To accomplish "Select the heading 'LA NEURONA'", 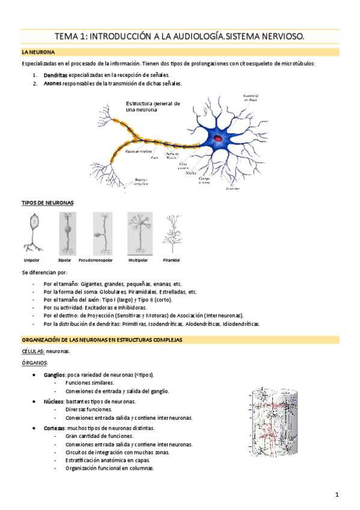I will coord(37,53).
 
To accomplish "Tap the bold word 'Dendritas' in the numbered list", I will coord(55,75).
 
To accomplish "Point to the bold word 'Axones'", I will coord(52,83).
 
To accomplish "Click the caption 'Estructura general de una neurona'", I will coord(153,106).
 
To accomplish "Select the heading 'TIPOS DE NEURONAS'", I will coord(47,203).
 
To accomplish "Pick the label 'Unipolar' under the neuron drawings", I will coord(31,260).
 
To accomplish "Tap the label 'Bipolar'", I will coord(64,260).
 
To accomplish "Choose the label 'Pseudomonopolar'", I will coord(99,260).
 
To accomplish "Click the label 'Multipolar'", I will coord(138,260).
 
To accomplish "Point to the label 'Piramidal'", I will coord(171,260).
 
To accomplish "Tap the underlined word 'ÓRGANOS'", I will coord(35,363).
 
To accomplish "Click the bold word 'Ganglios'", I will coord(55,374).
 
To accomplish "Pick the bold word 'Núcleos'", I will coord(54,401).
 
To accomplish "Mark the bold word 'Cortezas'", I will coord(55,428).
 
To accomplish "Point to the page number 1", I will coord(338,494).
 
